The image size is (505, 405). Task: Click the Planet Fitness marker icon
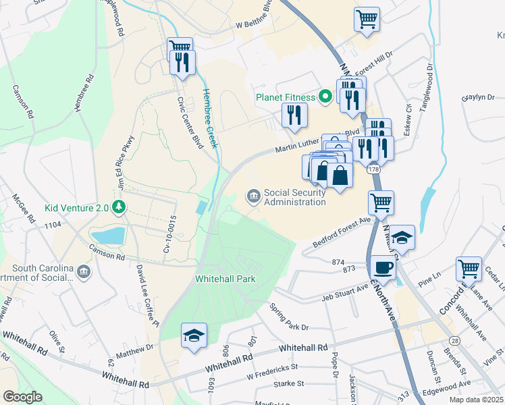pos(325,97)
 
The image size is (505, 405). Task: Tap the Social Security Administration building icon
pos(254,196)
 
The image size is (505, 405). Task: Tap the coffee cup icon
pos(383,267)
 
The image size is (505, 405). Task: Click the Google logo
pos(22,397)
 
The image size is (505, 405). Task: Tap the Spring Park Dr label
pos(288,317)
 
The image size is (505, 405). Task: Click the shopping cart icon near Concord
pos(468,268)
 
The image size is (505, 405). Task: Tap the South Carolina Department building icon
pos(83,273)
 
